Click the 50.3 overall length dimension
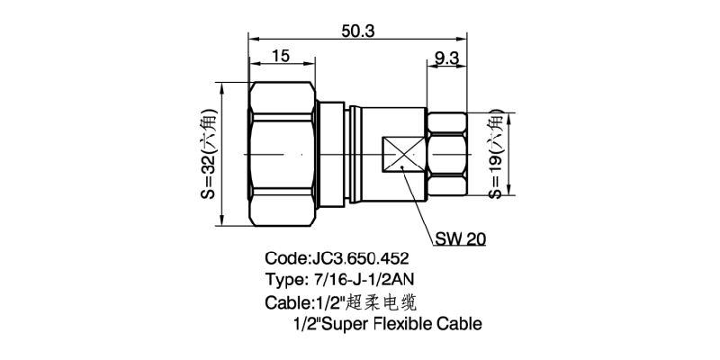[x=357, y=31]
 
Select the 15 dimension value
[x=280, y=56]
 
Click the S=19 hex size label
[x=496, y=154]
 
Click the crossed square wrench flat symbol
[x=402, y=154]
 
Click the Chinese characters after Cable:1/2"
[x=387, y=301]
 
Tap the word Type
[x=285, y=279]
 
